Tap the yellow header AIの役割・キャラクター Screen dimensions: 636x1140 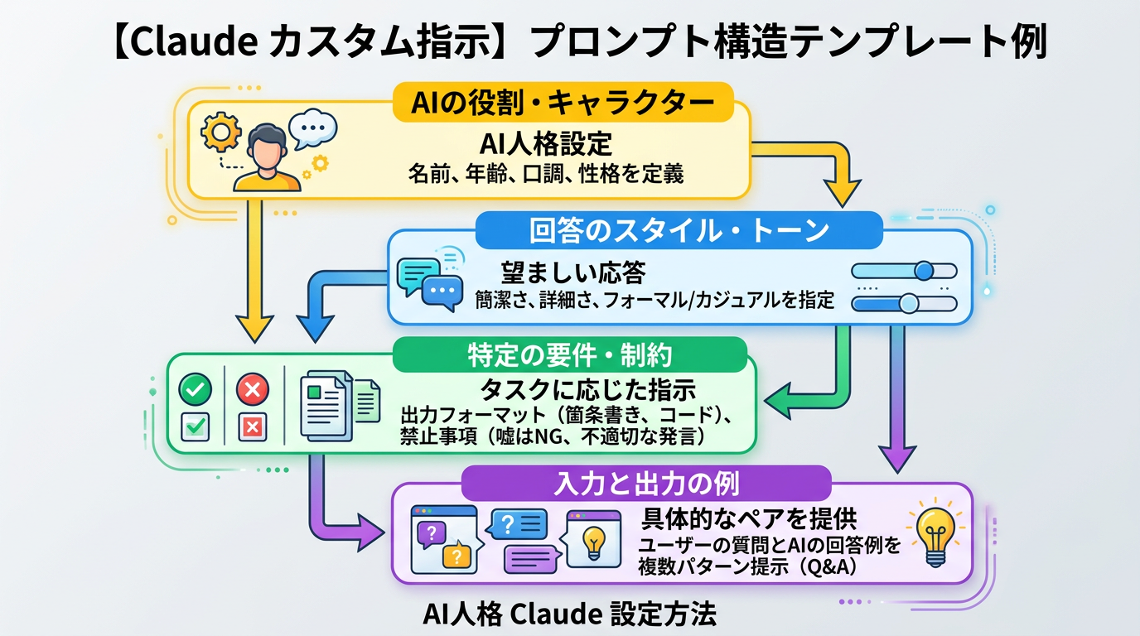pyautogui.click(x=563, y=103)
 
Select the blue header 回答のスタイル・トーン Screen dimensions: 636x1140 pyautogui.click(x=679, y=229)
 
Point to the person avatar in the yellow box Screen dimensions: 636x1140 pyautogui.click(x=267, y=158)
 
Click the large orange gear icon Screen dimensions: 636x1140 pyautogui.click(x=221, y=132)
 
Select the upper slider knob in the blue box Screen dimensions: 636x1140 pyautogui.click(x=924, y=271)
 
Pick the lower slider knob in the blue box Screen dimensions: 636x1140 pyautogui.click(x=909, y=303)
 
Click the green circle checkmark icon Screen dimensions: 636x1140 pyautogui.click(x=196, y=388)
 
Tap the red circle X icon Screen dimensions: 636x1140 pyautogui.click(x=253, y=388)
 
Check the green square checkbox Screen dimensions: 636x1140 pyautogui.click(x=196, y=426)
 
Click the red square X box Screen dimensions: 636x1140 pyautogui.click(x=253, y=426)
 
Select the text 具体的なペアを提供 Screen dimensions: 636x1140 pyautogui.click(x=749, y=518)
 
